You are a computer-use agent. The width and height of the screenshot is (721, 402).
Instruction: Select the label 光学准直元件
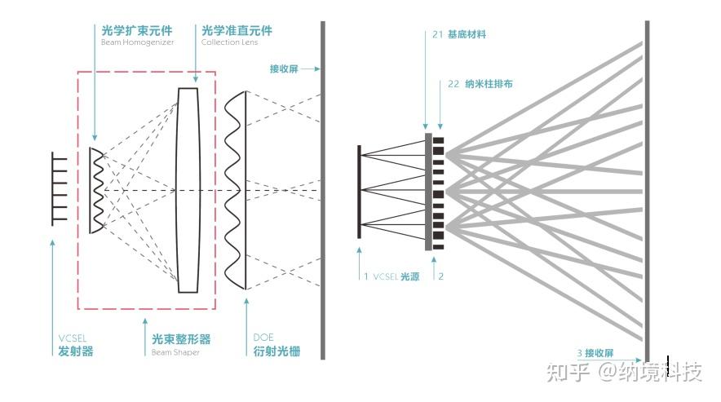(x=237, y=30)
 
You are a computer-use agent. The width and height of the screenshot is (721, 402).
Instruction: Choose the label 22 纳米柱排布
(x=480, y=84)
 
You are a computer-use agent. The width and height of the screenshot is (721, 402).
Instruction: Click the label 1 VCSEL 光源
(x=391, y=276)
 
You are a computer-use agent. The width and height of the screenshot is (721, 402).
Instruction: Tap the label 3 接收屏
(x=595, y=353)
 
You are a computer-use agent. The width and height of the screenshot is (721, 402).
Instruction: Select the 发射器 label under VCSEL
(x=76, y=351)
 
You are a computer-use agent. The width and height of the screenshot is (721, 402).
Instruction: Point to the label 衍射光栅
(x=272, y=351)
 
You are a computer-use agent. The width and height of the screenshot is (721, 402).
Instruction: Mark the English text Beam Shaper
(x=175, y=352)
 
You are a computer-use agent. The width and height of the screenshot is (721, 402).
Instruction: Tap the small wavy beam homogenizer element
(x=96, y=190)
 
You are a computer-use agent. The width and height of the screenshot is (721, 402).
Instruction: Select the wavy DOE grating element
(x=236, y=190)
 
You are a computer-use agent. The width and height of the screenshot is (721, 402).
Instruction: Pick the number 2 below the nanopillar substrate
(x=441, y=276)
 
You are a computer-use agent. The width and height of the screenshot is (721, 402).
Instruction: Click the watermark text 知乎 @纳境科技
(x=625, y=373)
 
